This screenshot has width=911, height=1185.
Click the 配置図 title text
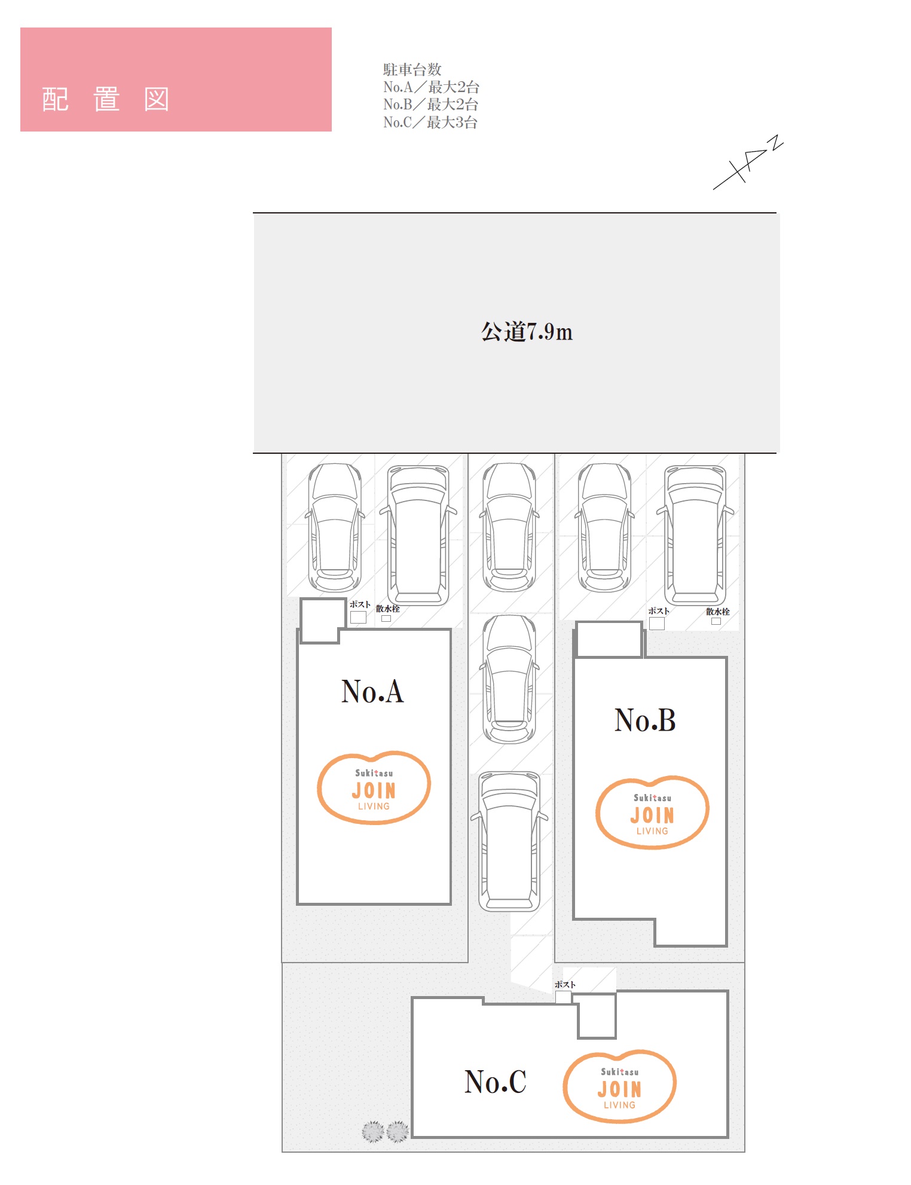[x=106, y=99]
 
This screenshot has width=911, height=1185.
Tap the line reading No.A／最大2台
[x=431, y=87]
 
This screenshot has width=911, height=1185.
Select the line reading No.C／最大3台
[x=430, y=123]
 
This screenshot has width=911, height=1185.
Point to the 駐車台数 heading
[x=412, y=69]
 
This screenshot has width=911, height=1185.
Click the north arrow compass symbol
[x=748, y=163]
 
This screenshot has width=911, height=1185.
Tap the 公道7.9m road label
[x=527, y=332]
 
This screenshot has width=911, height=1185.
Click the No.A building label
[x=372, y=691]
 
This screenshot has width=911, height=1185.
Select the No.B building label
[x=645, y=720]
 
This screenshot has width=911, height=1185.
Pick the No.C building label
[x=496, y=1082]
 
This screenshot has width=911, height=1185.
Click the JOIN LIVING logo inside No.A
[x=374, y=788]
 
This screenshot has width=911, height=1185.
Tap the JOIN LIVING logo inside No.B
[x=652, y=813]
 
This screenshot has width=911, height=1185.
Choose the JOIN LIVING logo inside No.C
[x=619, y=1086]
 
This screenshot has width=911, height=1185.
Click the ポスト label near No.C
[x=565, y=985]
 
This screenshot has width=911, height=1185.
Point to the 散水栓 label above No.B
[x=718, y=612]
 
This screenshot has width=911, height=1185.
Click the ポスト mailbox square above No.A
[x=358, y=618]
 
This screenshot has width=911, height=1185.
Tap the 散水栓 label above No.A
[x=388, y=609]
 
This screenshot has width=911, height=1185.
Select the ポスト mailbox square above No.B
[x=657, y=624]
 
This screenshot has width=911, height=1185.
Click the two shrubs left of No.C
[x=386, y=1132]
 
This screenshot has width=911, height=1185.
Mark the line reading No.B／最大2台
[x=431, y=105]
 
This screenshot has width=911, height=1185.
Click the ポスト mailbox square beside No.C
[x=563, y=997]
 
